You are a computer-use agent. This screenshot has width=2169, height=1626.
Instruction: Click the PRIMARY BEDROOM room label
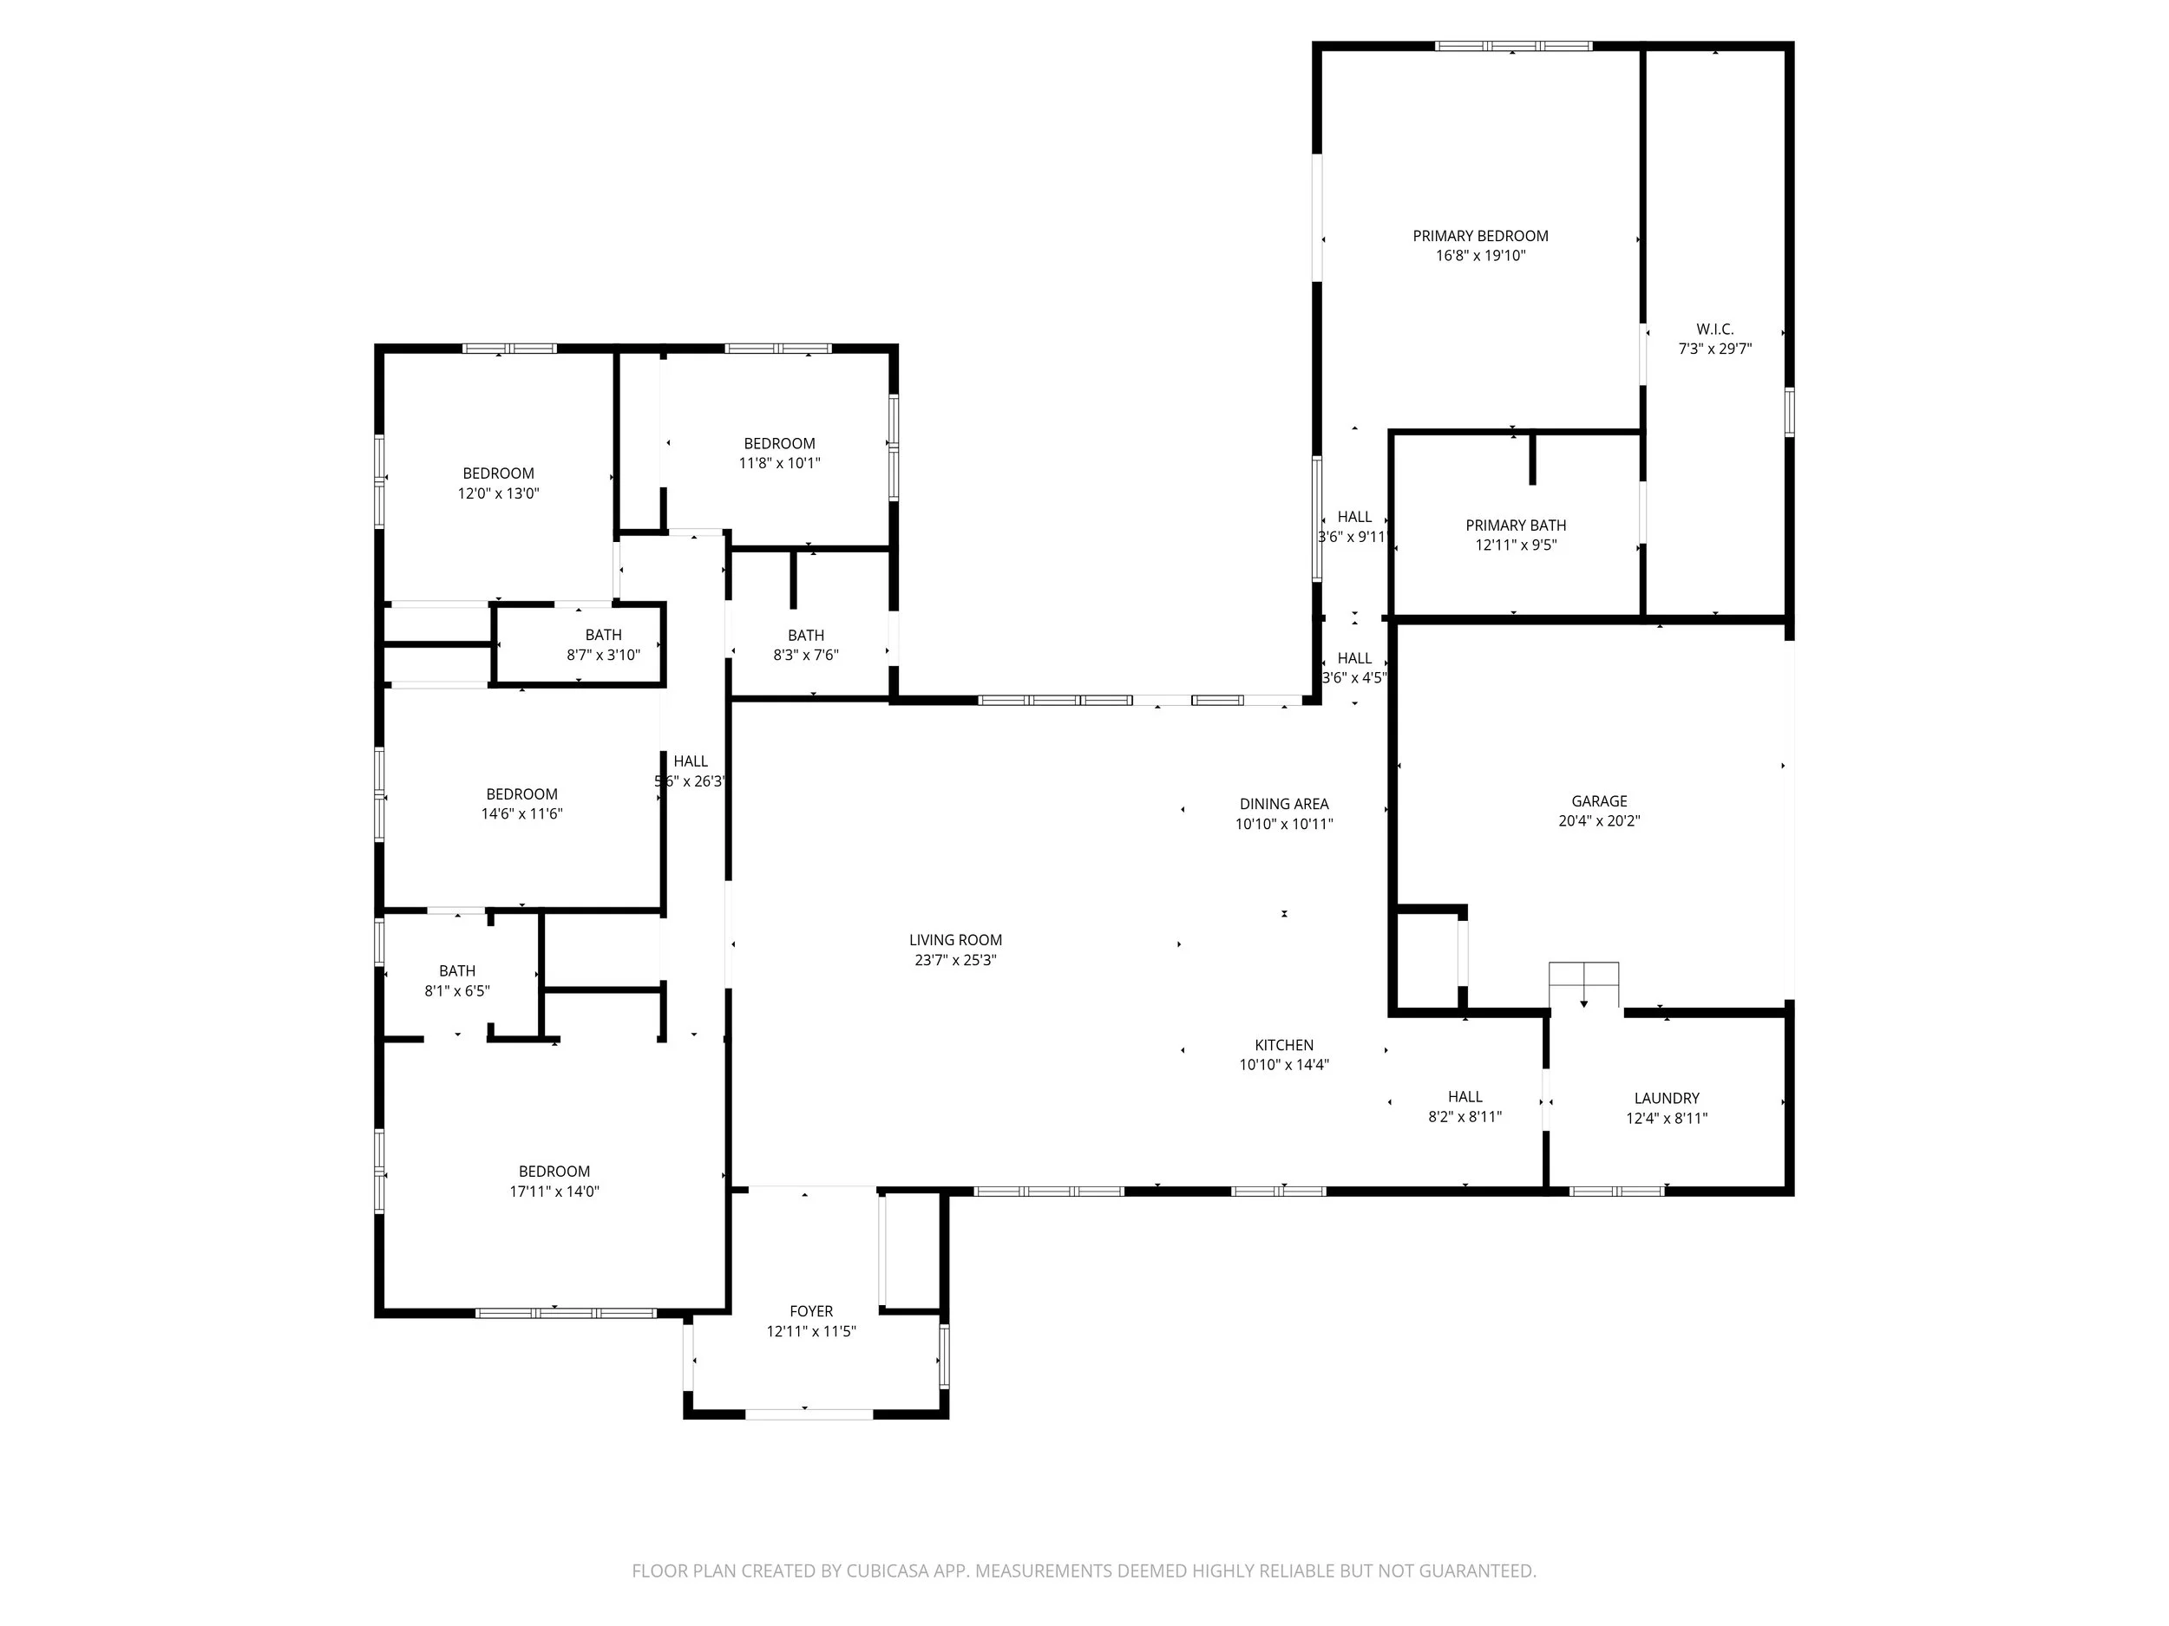tap(1479, 236)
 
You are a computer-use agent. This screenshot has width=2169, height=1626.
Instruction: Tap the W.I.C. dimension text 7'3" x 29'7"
tap(1714, 349)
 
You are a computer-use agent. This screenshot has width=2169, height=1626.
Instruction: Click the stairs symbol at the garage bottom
tap(1583, 984)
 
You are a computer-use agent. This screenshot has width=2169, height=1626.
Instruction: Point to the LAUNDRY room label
tap(1666, 1099)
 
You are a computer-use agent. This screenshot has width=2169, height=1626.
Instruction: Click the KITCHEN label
tap(1283, 1046)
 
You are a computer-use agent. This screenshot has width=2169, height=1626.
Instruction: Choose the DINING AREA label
tap(1283, 805)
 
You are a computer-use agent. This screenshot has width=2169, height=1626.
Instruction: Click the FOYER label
tap(811, 1311)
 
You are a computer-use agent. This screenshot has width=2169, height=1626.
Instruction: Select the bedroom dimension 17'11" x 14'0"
tap(554, 1192)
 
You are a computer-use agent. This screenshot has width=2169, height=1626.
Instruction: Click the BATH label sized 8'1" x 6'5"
tap(457, 971)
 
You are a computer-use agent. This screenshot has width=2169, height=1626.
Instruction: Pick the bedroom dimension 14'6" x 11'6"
tap(521, 814)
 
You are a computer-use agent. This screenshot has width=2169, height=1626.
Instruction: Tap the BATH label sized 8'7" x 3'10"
tap(603, 635)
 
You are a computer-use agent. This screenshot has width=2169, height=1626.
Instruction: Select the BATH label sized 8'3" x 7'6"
tap(806, 635)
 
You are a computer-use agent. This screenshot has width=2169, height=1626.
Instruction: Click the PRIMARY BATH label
tap(1515, 526)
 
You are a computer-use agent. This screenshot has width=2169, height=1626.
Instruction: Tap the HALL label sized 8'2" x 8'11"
tap(1465, 1097)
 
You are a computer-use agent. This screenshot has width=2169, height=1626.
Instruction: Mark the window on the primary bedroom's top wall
tap(1513, 46)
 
